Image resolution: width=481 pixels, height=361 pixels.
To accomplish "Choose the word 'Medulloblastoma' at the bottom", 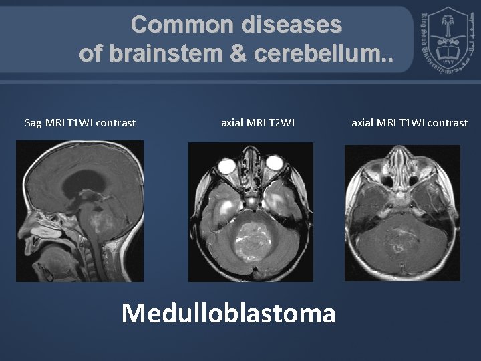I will coord(228,312).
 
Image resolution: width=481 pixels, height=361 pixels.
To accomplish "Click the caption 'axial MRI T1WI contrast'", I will coord(410,122).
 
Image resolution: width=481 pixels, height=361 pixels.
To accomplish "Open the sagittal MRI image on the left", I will coord(80,211).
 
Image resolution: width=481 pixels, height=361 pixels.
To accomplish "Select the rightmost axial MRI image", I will coord(402,213).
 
